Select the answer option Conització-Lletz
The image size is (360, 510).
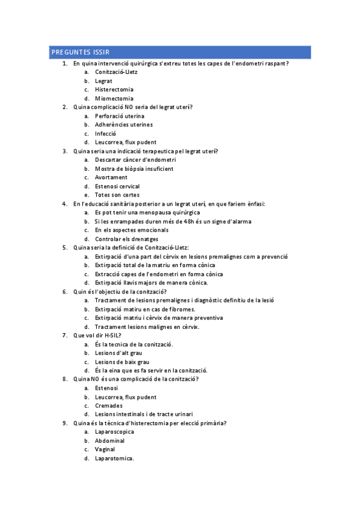coord(116,72)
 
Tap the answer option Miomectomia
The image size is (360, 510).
coord(114,99)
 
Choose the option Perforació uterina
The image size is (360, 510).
coord(120,116)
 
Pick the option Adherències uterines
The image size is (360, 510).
coord(124,124)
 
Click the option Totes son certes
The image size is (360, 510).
coord(117,195)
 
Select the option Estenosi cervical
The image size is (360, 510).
coord(117,186)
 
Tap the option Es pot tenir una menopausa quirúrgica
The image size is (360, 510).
coord(147,212)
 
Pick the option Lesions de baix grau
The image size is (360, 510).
coord(122,362)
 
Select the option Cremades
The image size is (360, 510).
coord(109,406)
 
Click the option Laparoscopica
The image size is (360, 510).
coord(114,432)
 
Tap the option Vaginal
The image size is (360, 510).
coord(105,449)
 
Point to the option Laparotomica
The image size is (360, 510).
coord(114,458)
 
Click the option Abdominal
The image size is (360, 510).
coord(110,441)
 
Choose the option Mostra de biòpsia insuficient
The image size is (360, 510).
coord(134,169)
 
